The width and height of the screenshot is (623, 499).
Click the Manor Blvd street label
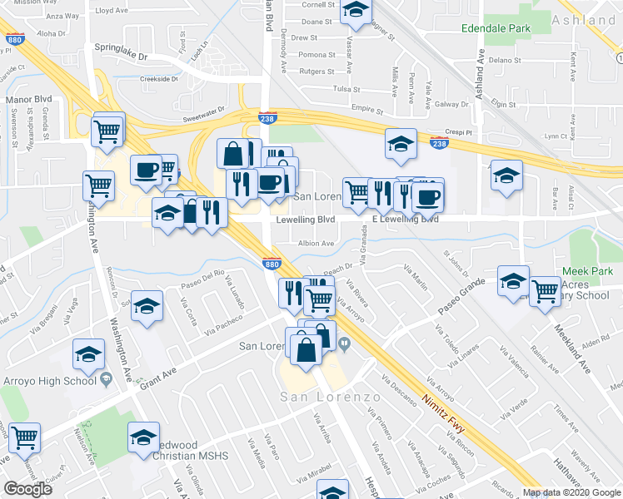(28, 99)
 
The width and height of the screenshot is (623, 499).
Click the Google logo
(27, 488)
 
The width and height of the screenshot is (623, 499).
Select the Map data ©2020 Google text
(571, 492)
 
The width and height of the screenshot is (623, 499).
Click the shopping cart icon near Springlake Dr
(108, 130)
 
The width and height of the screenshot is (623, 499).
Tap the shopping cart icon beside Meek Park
(545, 292)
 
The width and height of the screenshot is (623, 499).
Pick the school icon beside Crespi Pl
(401, 142)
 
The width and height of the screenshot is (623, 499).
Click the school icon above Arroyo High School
(88, 355)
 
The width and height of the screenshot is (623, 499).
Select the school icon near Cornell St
(356, 10)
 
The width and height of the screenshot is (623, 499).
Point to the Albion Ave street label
(316, 244)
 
